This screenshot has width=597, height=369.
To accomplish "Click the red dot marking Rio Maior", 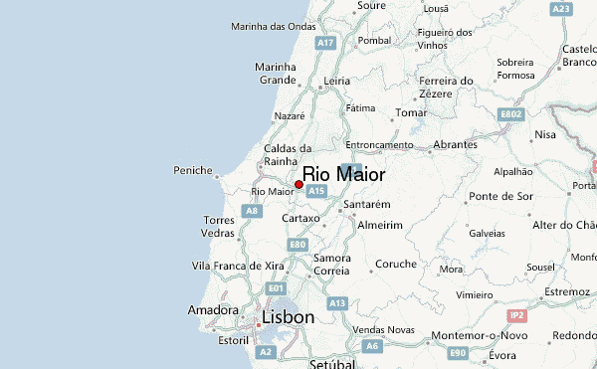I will pos(298,184).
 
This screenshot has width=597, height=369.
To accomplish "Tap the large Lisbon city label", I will pos(288,318).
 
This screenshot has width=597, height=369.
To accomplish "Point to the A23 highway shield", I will pos(562,9).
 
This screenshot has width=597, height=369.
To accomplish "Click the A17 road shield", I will pos(324,44).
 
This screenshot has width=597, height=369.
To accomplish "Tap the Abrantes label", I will pos(456,144).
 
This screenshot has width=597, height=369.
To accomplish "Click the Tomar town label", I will pos(410,113).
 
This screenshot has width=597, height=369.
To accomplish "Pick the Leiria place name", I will pos(337,81).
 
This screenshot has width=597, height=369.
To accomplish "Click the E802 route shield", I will pos(510,114).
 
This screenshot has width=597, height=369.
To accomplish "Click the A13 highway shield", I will pos(337,302).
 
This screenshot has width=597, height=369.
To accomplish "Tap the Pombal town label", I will pos(374,41).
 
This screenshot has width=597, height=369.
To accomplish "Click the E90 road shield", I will pos(458,352).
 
